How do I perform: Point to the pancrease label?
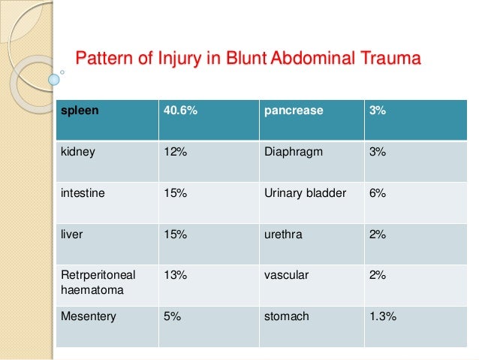point(294,110)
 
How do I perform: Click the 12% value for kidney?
point(174,151)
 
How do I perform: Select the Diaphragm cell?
point(294,151)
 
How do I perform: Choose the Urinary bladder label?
point(306,192)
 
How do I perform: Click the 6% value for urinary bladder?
point(378,192)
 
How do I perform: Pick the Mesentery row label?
point(89,316)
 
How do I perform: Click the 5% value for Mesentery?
point(172,316)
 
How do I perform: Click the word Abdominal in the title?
point(303,57)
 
